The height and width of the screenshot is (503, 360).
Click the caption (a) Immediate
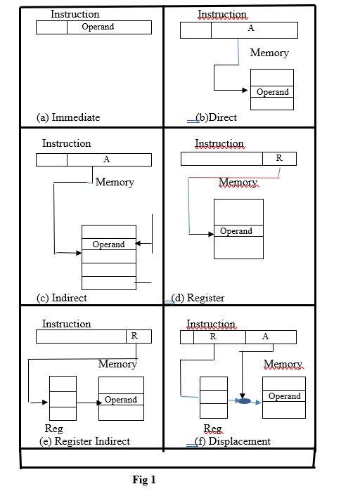[x=68, y=117]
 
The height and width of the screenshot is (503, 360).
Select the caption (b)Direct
[x=216, y=117]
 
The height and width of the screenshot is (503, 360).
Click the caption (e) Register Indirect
[x=84, y=441]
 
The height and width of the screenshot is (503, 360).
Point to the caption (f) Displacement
[x=232, y=441]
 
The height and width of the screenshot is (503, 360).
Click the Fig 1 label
[x=144, y=480]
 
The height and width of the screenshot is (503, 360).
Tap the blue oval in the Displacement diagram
[x=243, y=400]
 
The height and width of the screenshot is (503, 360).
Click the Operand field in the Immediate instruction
[x=98, y=27]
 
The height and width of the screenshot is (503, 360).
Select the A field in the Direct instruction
[x=251, y=30]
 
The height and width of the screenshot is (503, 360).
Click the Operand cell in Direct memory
[x=272, y=92]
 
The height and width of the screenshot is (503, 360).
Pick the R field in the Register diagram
[x=279, y=159]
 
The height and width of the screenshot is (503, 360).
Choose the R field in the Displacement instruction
[x=213, y=337]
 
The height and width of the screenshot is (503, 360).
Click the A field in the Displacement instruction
[x=266, y=337]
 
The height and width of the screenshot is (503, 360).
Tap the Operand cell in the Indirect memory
[x=108, y=244]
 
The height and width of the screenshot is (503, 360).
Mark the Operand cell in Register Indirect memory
[x=121, y=399]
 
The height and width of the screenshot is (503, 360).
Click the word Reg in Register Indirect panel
[x=53, y=429]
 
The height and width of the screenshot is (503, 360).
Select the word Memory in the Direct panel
[x=269, y=53]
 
